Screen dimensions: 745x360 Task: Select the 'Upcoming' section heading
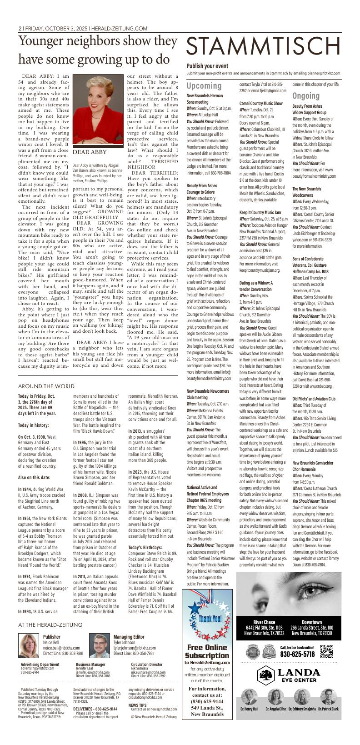204,86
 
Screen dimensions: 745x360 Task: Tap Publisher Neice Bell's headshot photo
29,645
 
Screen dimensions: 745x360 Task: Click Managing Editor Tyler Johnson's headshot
100,645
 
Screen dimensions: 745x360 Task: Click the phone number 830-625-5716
297,655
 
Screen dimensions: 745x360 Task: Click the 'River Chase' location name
264,622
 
